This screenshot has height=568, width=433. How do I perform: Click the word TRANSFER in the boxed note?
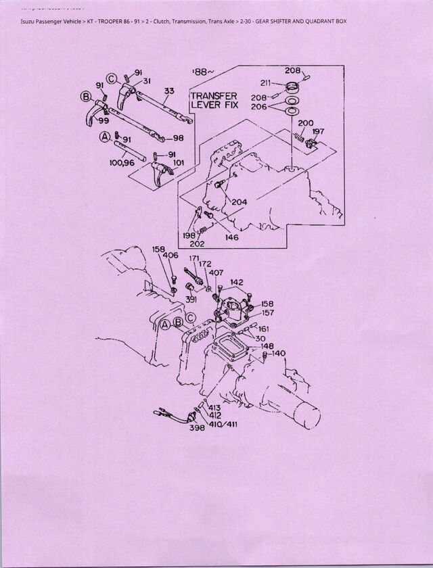pyautogui.click(x=213, y=96)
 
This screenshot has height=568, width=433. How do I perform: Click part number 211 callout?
pyautogui.click(x=266, y=83)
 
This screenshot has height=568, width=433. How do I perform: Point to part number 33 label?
pyautogui.click(x=168, y=91)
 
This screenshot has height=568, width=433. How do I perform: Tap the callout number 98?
pyautogui.click(x=178, y=138)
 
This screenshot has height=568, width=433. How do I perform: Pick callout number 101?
pyautogui.click(x=179, y=162)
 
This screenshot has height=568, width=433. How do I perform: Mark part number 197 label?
pyautogui.click(x=318, y=132)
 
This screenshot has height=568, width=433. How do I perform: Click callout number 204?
pyautogui.click(x=239, y=201)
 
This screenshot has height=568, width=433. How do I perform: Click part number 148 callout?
pyautogui.click(x=258, y=347)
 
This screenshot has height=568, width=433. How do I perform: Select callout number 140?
pyautogui.click(x=279, y=353)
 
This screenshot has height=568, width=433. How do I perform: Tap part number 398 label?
pyautogui.click(x=197, y=427)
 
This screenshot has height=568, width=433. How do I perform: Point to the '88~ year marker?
pyautogui.click(x=203, y=72)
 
